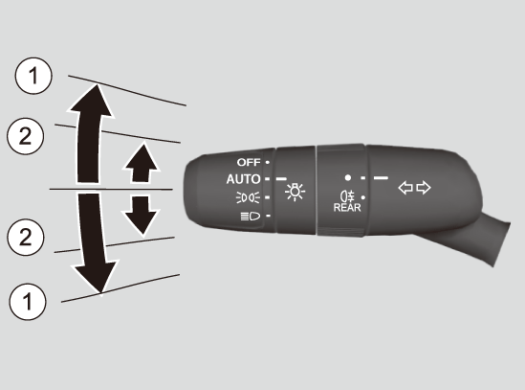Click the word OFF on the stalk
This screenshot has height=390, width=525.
(x=249, y=162)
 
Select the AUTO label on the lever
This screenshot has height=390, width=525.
(x=243, y=179)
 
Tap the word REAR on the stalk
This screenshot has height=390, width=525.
(x=347, y=207)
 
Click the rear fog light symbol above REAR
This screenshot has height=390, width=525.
(x=347, y=195)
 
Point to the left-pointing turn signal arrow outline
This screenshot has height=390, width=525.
(x=405, y=188)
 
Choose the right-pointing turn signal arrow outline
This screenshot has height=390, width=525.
(x=424, y=188)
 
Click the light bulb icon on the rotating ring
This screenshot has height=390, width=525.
(x=295, y=192)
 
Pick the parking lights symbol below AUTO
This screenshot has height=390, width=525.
(x=248, y=197)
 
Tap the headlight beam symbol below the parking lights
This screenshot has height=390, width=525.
(x=251, y=217)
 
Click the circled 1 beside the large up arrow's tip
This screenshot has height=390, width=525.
(x=33, y=76)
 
